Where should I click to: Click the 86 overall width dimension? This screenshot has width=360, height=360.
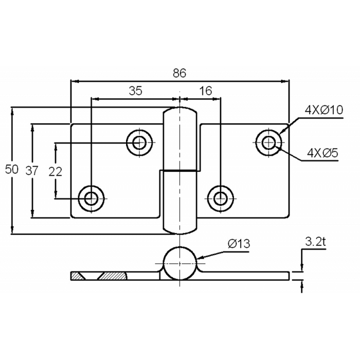tap(179, 73)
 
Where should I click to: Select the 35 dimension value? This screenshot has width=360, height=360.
tap(135, 91)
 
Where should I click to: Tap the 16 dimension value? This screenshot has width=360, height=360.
tap(205, 91)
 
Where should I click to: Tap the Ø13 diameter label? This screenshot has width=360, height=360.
tap(238, 244)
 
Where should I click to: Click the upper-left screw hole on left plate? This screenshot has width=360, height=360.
tap(139, 142)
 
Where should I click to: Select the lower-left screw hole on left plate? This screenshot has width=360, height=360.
tap(91, 197)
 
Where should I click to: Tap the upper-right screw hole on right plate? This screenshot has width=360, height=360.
tap(268, 142)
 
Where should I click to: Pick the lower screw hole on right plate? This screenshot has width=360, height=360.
tap(220, 197)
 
